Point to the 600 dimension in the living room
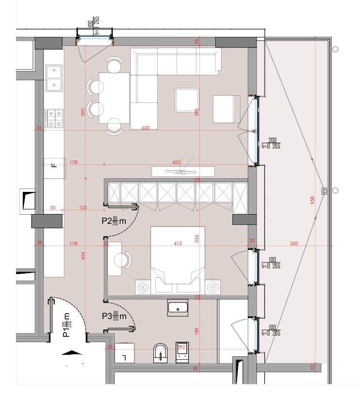click(x=145, y=128)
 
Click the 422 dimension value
click(x=177, y=163)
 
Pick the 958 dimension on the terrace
click(x=313, y=199)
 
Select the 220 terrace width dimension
click(x=294, y=244)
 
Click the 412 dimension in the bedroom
click(x=177, y=244)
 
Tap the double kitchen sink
click(x=53, y=78)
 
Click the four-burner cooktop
click(x=54, y=118)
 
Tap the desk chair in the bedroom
click(x=123, y=260)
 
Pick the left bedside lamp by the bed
click(x=143, y=287)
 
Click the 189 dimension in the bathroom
click(x=196, y=331)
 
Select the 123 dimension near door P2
click(x=83, y=208)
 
